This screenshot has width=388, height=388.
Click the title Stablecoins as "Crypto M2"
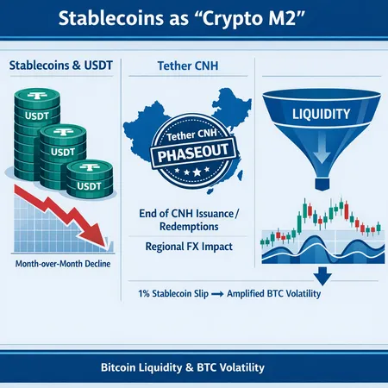(194, 20)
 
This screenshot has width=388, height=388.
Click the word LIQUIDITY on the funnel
(321, 114)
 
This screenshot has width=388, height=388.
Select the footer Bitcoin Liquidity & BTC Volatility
(194, 367)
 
